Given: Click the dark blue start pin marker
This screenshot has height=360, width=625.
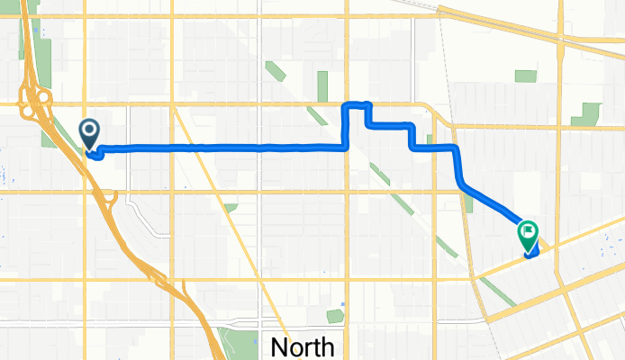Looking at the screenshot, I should coord(90,133).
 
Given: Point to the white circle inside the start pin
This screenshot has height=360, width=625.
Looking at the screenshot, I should coord(90,130).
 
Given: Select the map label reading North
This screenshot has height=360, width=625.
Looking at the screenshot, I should coord(303,346).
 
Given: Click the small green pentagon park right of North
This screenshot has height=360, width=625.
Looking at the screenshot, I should coord(335,316).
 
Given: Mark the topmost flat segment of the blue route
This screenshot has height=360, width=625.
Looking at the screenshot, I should coord(356,104).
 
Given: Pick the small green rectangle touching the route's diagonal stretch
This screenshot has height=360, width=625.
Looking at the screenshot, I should coord(467,203).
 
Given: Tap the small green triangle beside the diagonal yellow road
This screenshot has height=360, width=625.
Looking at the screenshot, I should coord(231,208).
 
